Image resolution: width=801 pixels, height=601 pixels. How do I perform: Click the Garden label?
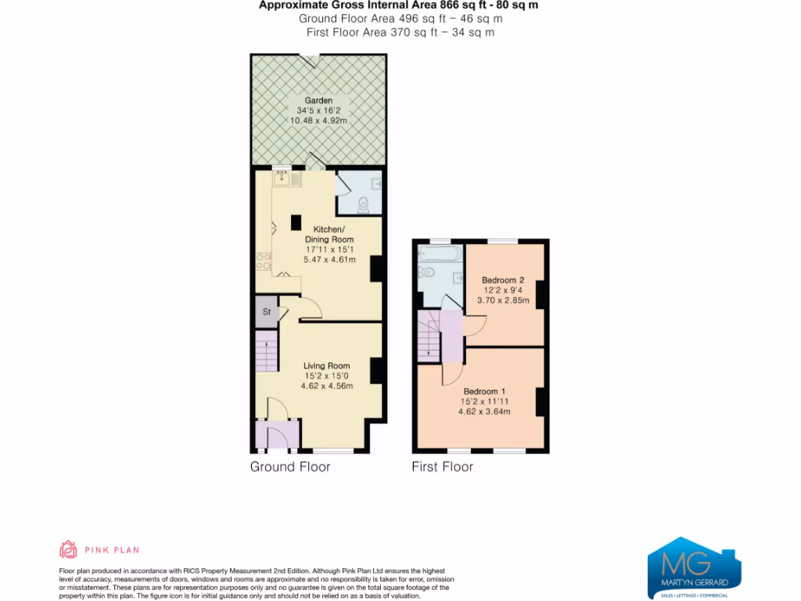(318, 101)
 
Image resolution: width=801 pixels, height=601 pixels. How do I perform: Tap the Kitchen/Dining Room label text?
(329, 234)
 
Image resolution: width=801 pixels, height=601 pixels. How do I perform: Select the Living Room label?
(326, 365)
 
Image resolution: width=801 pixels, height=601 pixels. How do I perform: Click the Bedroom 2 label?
(502, 280)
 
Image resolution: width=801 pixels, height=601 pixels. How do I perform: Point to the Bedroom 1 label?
(484, 391)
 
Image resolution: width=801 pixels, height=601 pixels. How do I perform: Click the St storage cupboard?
(267, 311)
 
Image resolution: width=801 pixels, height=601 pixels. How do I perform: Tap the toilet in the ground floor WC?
(362, 206)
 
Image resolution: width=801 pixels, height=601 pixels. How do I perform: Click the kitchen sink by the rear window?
(282, 179)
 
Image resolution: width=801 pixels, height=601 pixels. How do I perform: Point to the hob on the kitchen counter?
(263, 261)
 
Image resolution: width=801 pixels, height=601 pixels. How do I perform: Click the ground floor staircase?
(267, 351)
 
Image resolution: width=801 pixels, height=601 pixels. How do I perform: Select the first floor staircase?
(429, 336)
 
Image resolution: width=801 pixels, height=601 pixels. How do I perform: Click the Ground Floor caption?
(290, 466)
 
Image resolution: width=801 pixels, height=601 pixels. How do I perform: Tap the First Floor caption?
(443, 466)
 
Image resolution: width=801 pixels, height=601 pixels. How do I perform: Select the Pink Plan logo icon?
(69, 549)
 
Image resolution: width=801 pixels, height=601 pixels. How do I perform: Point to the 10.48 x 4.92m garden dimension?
(318, 121)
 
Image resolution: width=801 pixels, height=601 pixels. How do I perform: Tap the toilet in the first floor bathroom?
(426, 272)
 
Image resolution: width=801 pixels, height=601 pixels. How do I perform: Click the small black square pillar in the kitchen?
(296, 222)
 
